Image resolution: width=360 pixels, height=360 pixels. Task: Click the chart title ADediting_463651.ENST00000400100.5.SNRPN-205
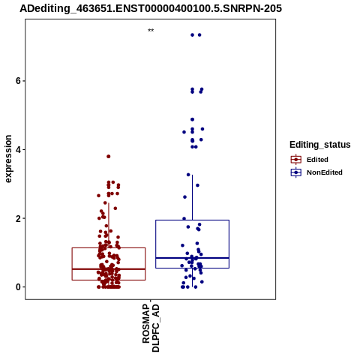pyautogui.click(x=151, y=8)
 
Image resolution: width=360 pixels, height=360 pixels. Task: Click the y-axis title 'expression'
pyautogui.click(x=8, y=159)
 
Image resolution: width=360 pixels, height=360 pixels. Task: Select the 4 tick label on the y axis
pyautogui.click(x=18, y=149)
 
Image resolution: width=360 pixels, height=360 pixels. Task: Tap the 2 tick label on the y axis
pyautogui.click(x=18, y=218)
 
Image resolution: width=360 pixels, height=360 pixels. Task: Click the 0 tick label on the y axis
pyautogui.click(x=18, y=287)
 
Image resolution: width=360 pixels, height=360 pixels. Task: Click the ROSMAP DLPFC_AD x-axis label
pyautogui.click(x=151, y=328)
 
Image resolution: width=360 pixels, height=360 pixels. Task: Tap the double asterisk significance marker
pyautogui.click(x=151, y=31)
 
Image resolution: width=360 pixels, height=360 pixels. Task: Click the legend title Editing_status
pyautogui.click(x=320, y=145)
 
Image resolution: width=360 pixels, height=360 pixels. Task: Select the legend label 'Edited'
pyautogui.click(x=317, y=160)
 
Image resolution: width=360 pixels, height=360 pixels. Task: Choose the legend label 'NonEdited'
pyautogui.click(x=325, y=172)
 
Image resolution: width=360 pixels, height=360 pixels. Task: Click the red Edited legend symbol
pyautogui.click(x=296, y=160)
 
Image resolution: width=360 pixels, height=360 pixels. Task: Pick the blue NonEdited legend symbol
pyautogui.click(x=296, y=172)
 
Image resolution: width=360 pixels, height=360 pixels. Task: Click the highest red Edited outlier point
pyautogui.click(x=109, y=157)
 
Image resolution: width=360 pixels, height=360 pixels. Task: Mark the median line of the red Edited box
pyautogui.click(x=109, y=269)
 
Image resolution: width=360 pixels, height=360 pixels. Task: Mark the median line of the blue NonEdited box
pyautogui.click(x=192, y=258)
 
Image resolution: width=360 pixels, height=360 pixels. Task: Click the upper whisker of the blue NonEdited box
pyautogui.click(x=192, y=197)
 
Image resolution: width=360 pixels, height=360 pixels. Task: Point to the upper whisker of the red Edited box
pyautogui.click(x=109, y=225)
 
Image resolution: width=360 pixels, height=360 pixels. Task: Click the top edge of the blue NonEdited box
pyautogui.click(x=192, y=220)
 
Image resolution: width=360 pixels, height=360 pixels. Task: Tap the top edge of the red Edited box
pyautogui.click(x=109, y=247)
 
